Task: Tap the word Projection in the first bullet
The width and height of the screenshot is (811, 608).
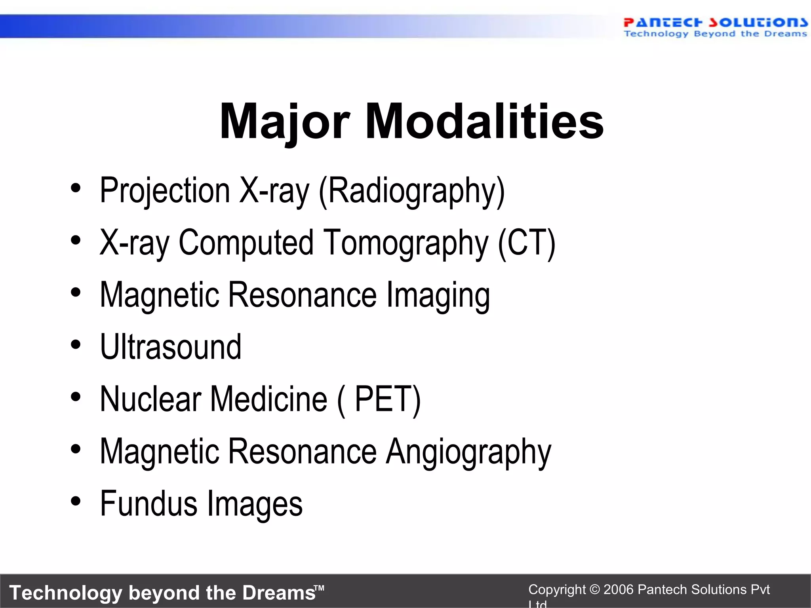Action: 165,191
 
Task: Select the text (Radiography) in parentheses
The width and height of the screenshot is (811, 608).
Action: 412,191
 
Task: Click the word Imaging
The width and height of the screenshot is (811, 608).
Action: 438,295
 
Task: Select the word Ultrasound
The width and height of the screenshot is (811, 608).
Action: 171,347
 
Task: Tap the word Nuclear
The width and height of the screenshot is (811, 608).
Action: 150,399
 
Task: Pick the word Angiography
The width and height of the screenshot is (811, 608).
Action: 468,452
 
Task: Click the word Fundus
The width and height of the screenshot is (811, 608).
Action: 148,503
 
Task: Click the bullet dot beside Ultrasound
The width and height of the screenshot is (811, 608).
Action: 76,345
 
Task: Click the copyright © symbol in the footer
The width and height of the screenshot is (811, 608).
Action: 594,590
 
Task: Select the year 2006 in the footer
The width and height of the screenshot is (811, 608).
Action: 619,590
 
